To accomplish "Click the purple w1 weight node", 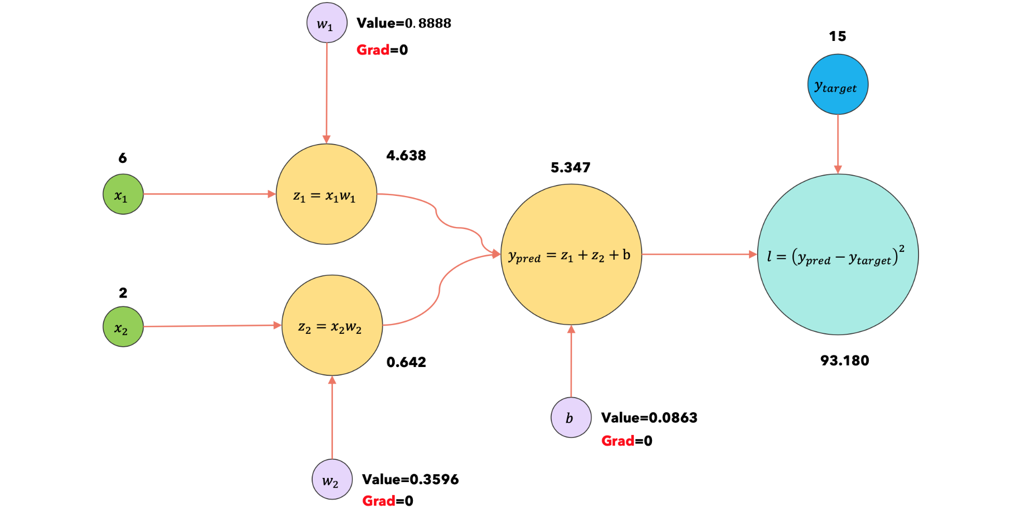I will tap(327, 23).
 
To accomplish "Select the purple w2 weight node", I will tap(332, 479).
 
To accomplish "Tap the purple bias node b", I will tap(571, 418).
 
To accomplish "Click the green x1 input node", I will tap(123, 194).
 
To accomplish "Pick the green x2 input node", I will tap(123, 327).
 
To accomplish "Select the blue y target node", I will tap(838, 84).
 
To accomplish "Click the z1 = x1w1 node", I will tap(326, 194).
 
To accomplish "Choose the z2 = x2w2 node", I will tap(332, 326).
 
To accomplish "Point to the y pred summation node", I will tap(571, 255).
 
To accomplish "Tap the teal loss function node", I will tap(838, 255).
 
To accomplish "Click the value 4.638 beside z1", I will tap(406, 156).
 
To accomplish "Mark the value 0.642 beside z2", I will tap(406, 362).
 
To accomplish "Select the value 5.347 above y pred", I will tap(571, 167).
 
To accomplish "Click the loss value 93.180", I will tap(844, 360).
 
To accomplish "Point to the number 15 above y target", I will tap(837, 36).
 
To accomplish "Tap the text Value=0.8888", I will tap(404, 23).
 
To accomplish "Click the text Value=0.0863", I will tap(649, 418).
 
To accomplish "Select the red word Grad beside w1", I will tap(372, 50).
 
